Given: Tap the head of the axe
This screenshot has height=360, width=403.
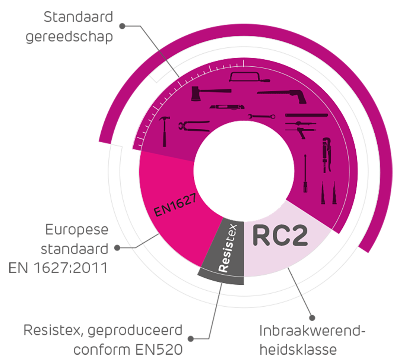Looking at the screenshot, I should pos(196,94).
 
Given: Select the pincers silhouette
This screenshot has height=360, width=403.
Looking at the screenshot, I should pos(193,126).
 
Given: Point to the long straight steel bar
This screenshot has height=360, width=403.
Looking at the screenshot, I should pos(306,115).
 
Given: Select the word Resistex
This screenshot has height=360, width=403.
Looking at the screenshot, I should pos(228,247).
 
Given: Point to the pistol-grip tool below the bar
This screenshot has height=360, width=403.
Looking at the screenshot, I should pos(300,130).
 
